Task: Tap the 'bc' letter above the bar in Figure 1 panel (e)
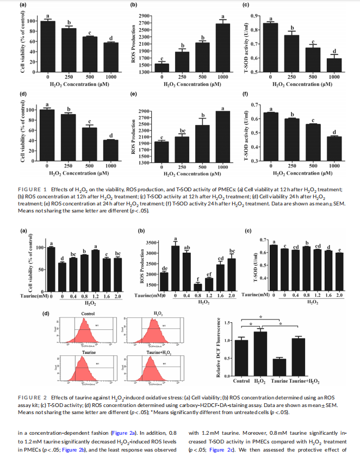coord(183,130)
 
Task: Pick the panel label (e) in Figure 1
coord(134,93)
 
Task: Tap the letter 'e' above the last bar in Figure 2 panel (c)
coord(340,250)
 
